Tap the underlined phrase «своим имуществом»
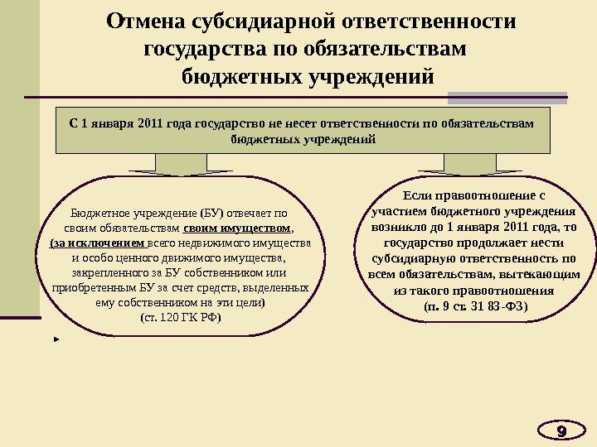pyautogui.click(x=237, y=227)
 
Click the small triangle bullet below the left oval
pyautogui.click(x=56, y=339)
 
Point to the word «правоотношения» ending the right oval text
pyautogui.click(x=514, y=291)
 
